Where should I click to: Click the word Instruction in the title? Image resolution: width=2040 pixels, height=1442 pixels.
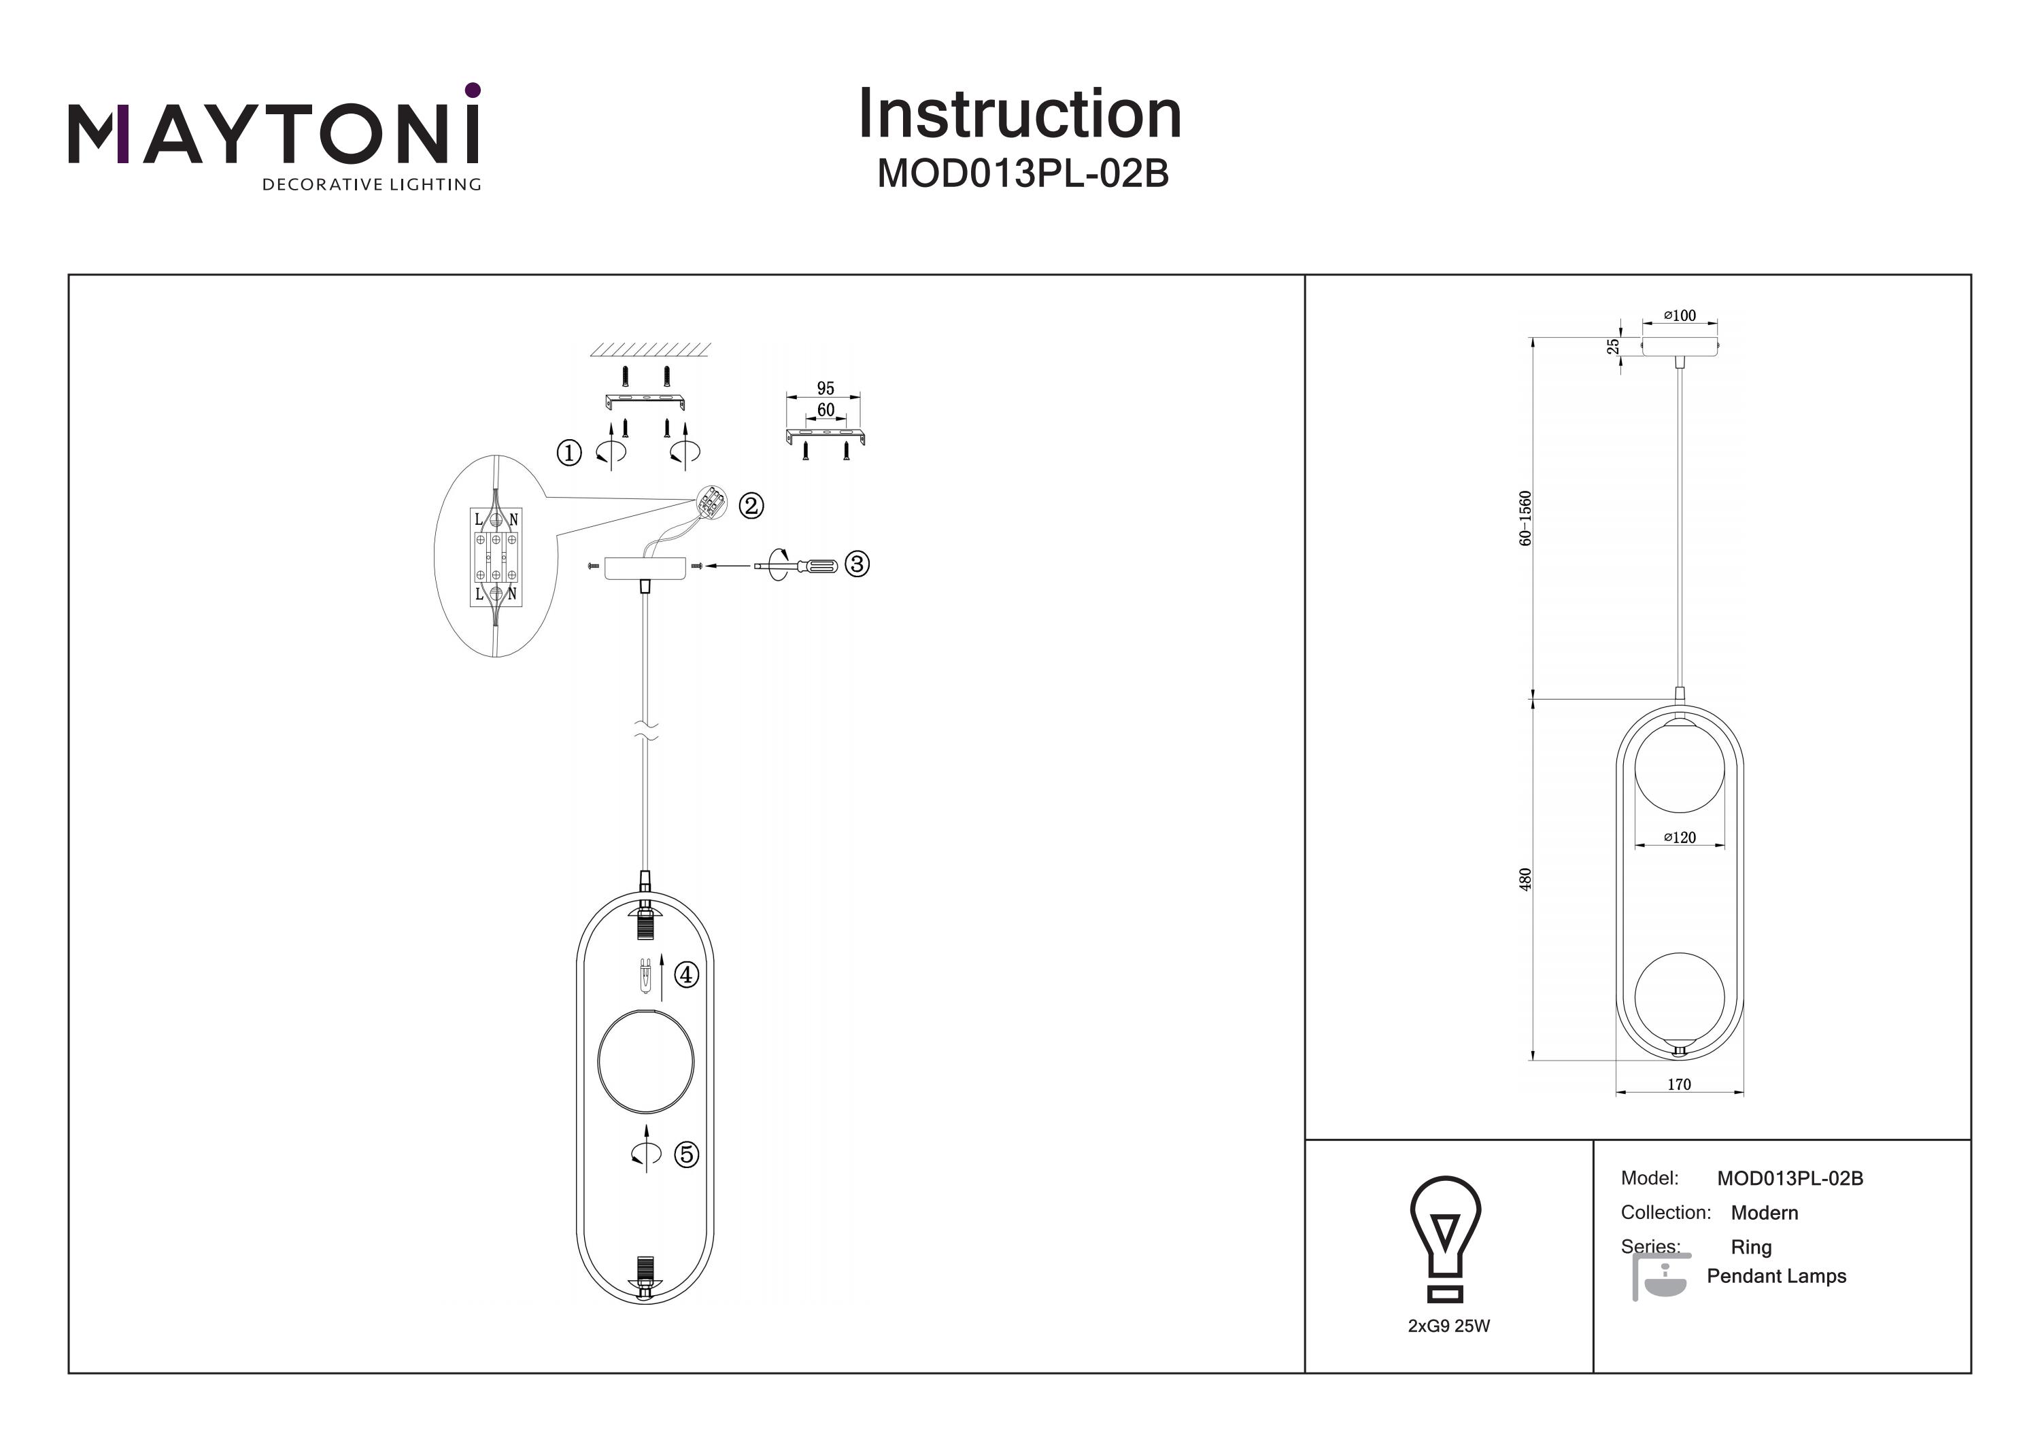1019,115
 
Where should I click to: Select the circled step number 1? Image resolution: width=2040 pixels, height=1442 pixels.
568,453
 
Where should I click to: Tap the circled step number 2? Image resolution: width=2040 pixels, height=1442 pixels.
751,507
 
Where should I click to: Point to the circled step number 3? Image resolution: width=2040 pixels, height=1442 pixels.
857,564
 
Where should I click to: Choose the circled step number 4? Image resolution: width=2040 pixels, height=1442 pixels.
687,975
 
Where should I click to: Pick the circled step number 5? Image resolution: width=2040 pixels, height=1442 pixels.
687,1154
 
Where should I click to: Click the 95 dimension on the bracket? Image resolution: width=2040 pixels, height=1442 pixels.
826,388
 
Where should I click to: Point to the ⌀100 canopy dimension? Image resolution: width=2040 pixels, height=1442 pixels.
1680,315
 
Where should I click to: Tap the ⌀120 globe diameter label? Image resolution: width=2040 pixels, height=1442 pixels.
1680,837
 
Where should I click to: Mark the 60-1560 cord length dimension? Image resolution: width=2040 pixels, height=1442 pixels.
1525,518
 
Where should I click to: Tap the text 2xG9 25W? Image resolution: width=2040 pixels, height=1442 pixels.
1448,1326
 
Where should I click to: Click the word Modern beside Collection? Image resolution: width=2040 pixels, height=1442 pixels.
1764,1213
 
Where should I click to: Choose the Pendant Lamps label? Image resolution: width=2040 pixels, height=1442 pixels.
1776,1276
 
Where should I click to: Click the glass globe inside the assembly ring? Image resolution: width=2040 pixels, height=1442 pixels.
646,1061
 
